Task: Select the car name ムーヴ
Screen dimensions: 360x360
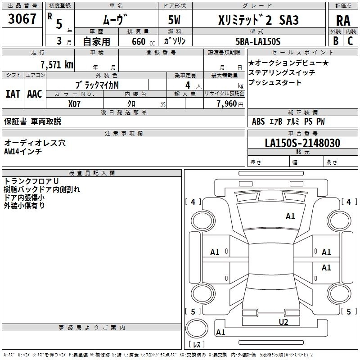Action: (112, 19)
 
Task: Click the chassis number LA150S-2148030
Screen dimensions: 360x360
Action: (302, 143)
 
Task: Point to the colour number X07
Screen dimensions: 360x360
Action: (75, 103)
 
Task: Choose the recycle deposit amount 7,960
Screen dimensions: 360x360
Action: (227, 103)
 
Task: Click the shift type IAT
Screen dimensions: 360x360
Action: (13, 94)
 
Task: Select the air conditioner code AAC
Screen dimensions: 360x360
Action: (34, 94)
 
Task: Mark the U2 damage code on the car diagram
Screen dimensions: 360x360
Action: (283, 322)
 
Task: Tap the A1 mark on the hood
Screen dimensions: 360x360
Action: (290, 216)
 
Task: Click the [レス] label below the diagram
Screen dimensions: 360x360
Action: (197, 344)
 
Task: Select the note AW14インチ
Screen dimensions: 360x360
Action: (23, 151)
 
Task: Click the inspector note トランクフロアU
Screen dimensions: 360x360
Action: (27, 181)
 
